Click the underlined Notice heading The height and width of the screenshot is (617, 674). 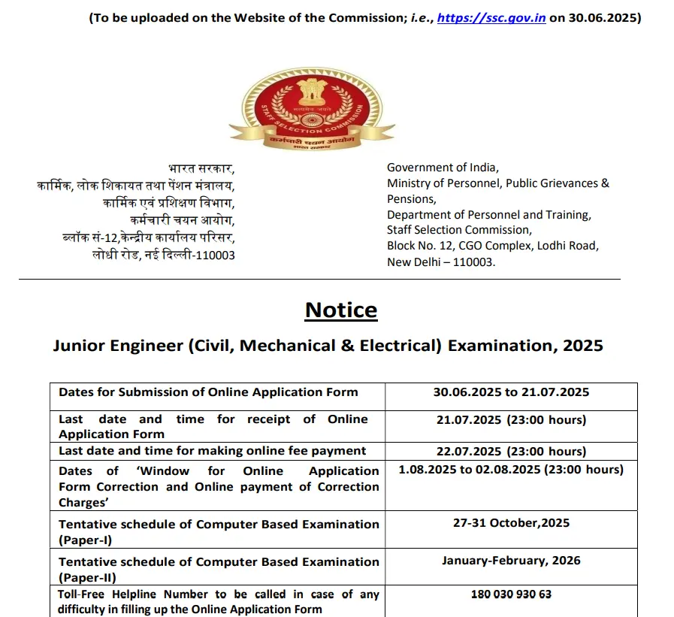pyautogui.click(x=341, y=310)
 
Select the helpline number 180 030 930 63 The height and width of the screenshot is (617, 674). pyautogui.click(x=511, y=594)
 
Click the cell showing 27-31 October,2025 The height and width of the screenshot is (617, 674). pyautogui.click(x=511, y=523)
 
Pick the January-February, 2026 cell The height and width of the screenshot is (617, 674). pyautogui.click(x=511, y=561)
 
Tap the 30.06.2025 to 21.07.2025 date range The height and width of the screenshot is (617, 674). pyautogui.click(x=511, y=392)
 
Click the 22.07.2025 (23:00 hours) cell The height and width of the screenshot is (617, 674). pyautogui.click(x=511, y=451)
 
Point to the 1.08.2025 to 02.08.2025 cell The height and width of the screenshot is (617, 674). pyautogui.click(x=511, y=470)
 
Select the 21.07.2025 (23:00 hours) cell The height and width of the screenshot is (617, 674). pyautogui.click(x=511, y=419)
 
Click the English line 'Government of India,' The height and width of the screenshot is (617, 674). pyautogui.click(x=443, y=168)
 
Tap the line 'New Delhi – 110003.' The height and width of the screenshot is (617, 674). pyautogui.click(x=441, y=262)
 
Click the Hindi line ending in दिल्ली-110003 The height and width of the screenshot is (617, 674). pyautogui.click(x=164, y=255)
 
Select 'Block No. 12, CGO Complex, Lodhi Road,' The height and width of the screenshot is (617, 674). pyautogui.click(x=493, y=246)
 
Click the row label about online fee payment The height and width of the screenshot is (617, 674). pyautogui.click(x=213, y=451)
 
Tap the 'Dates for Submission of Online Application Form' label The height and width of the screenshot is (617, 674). pyautogui.click(x=208, y=392)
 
